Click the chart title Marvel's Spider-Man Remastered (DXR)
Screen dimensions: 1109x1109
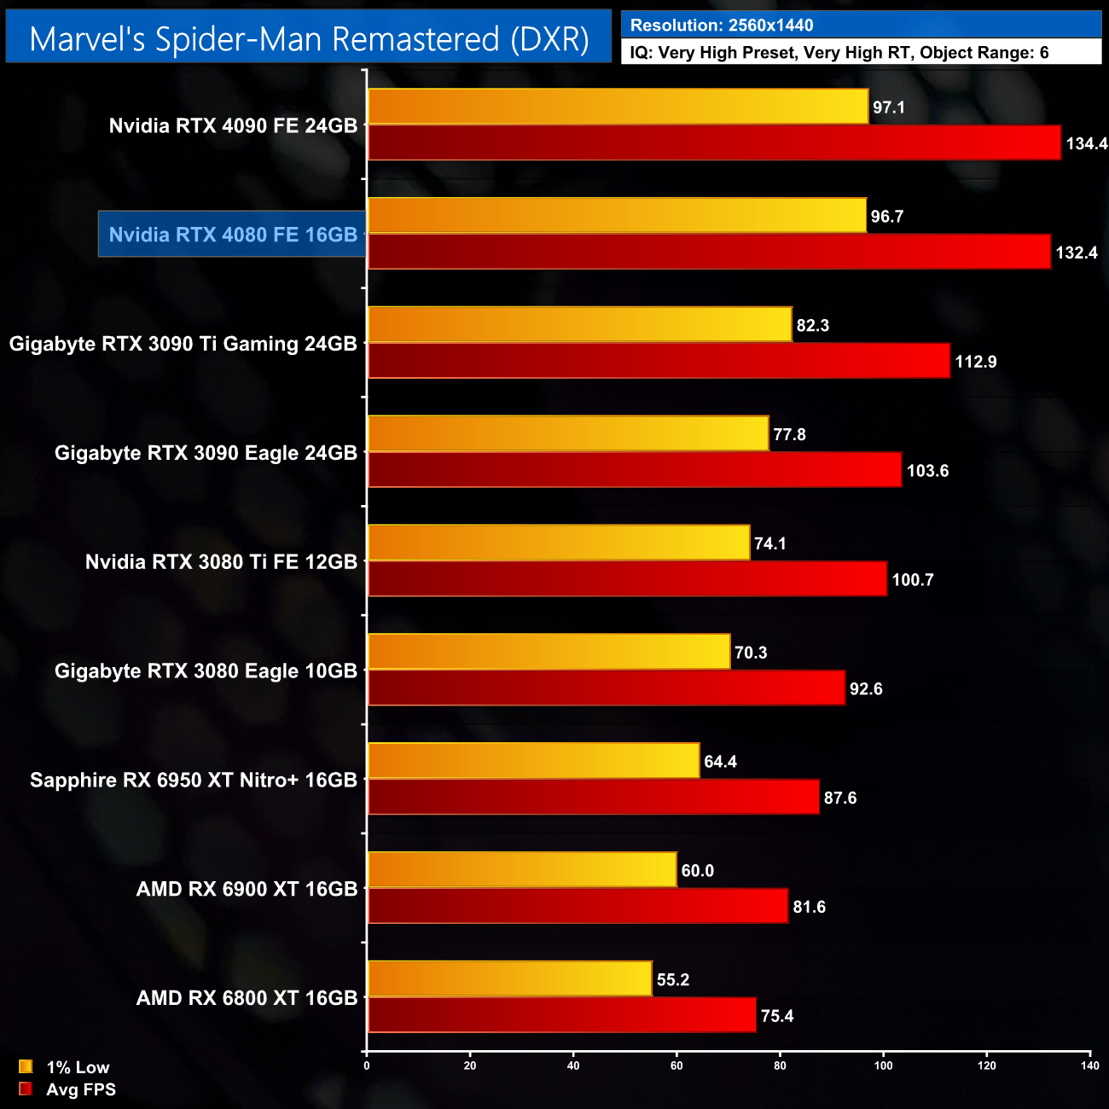[309, 39]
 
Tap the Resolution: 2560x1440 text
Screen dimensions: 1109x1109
[722, 26]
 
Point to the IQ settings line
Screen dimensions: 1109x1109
[839, 53]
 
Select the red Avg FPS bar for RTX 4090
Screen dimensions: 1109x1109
[714, 142]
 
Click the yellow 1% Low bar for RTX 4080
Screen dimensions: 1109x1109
[617, 216]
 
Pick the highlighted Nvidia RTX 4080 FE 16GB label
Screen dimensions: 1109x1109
[233, 235]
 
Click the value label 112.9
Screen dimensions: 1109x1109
[976, 362]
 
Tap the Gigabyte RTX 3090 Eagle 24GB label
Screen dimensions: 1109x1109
[206, 453]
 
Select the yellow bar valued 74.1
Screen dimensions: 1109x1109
[559, 543]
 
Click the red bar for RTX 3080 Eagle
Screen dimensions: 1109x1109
[606, 688]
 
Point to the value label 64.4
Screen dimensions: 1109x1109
[720, 762]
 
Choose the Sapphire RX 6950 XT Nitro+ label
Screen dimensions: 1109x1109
[194, 780]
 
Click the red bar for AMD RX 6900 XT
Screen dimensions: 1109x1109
[578, 906]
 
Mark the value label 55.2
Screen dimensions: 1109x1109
[673, 979]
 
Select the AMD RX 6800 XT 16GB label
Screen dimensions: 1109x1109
[247, 998]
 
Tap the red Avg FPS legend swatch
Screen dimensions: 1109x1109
[26, 1089]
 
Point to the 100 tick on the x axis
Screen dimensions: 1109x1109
[883, 1065]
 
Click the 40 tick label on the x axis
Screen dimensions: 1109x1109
[573, 1065]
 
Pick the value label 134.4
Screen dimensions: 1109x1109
[1086, 143]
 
